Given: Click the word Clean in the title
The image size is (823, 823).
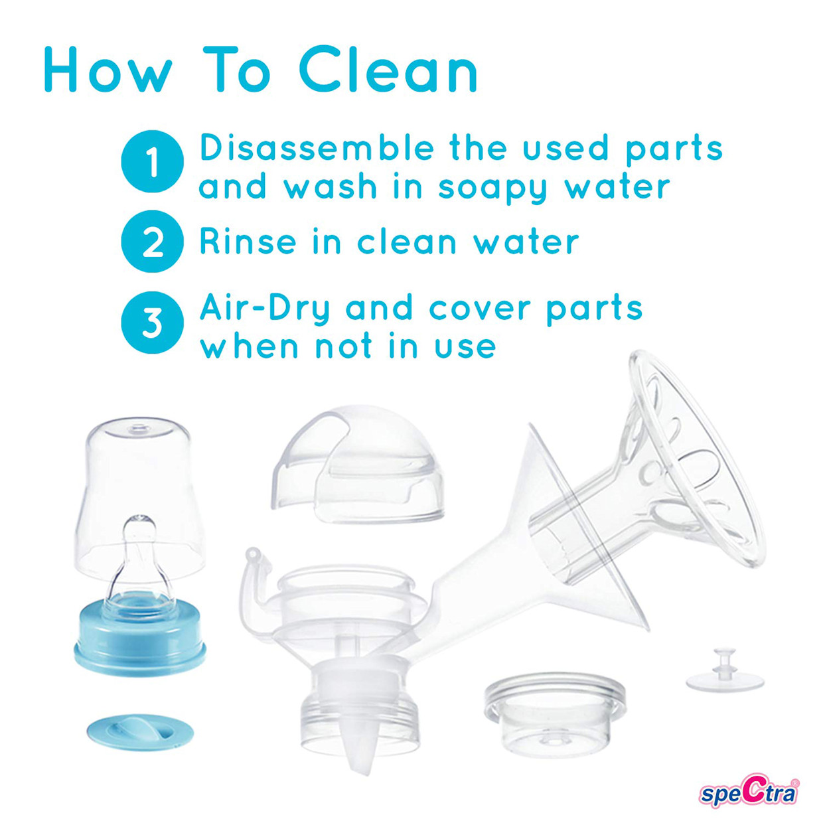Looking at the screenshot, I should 388,70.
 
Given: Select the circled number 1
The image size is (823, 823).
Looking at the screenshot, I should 152,162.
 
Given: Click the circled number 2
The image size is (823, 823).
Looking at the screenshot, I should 152,242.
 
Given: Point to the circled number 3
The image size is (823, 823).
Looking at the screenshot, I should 152,323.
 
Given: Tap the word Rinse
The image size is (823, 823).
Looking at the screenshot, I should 247,242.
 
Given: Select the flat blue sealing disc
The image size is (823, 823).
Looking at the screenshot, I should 140,732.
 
